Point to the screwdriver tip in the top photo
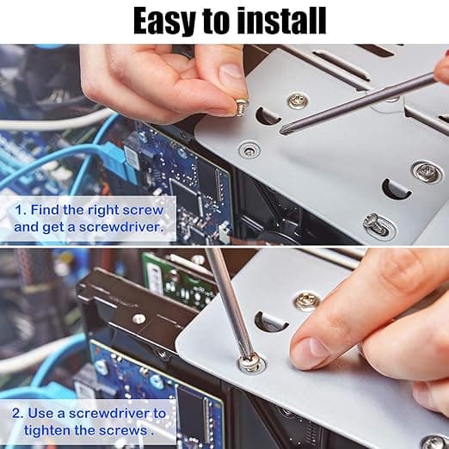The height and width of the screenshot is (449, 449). point(284,130)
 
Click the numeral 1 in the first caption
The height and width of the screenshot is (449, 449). point(20,210)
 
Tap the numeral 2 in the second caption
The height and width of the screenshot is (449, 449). point(16,414)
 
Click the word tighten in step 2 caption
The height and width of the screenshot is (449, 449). point(47,431)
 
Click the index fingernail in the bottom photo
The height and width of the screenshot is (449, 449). point(313,348)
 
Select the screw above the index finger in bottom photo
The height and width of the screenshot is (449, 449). point(307,302)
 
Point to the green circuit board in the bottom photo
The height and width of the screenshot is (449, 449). point(179,280)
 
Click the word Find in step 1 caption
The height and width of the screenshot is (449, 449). point(46,210)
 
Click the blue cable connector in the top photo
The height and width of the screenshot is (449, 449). point(115,157)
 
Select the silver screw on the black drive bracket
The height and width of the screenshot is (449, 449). point(139,318)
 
